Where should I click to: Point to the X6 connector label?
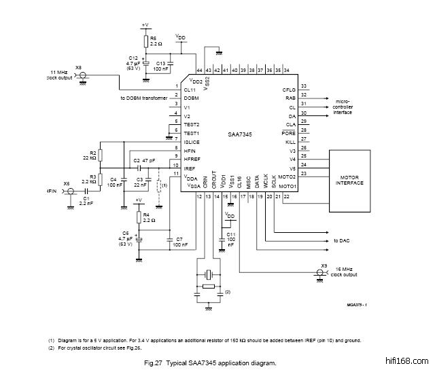(79, 68)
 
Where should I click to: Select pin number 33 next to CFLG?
(304, 86)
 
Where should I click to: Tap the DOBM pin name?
(191, 98)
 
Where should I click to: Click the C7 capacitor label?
(179, 240)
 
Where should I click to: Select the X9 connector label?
(325, 265)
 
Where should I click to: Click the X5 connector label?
(67, 184)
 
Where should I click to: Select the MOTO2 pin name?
(288, 176)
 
